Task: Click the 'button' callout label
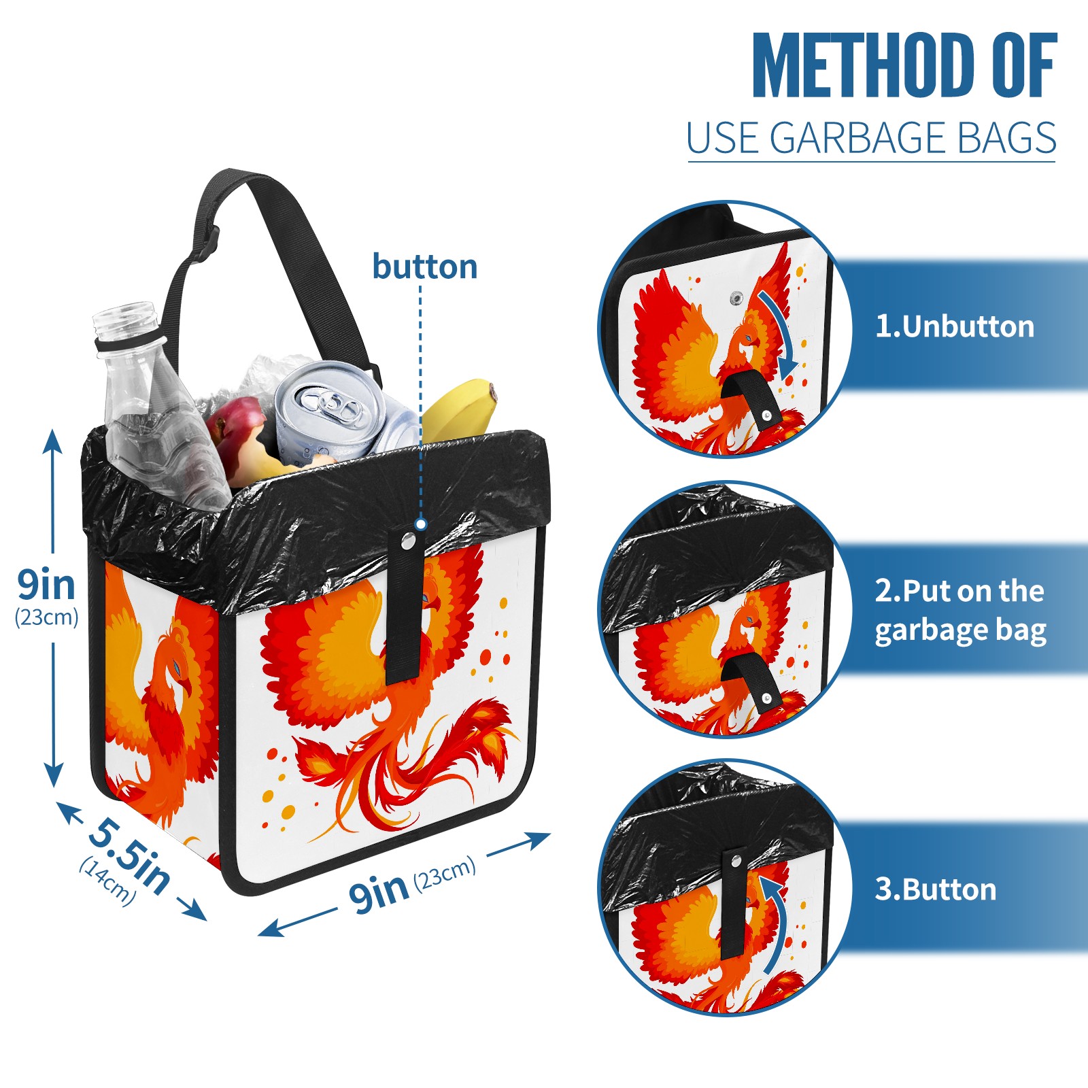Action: click(x=424, y=267)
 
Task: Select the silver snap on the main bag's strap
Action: click(x=408, y=541)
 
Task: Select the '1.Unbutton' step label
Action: click(x=954, y=326)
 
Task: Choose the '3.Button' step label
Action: click(x=935, y=889)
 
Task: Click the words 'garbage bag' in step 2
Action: click(x=960, y=631)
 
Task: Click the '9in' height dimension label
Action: click(x=46, y=584)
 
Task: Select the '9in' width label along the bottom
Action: click(x=378, y=891)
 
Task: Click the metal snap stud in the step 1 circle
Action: click(x=736, y=298)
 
